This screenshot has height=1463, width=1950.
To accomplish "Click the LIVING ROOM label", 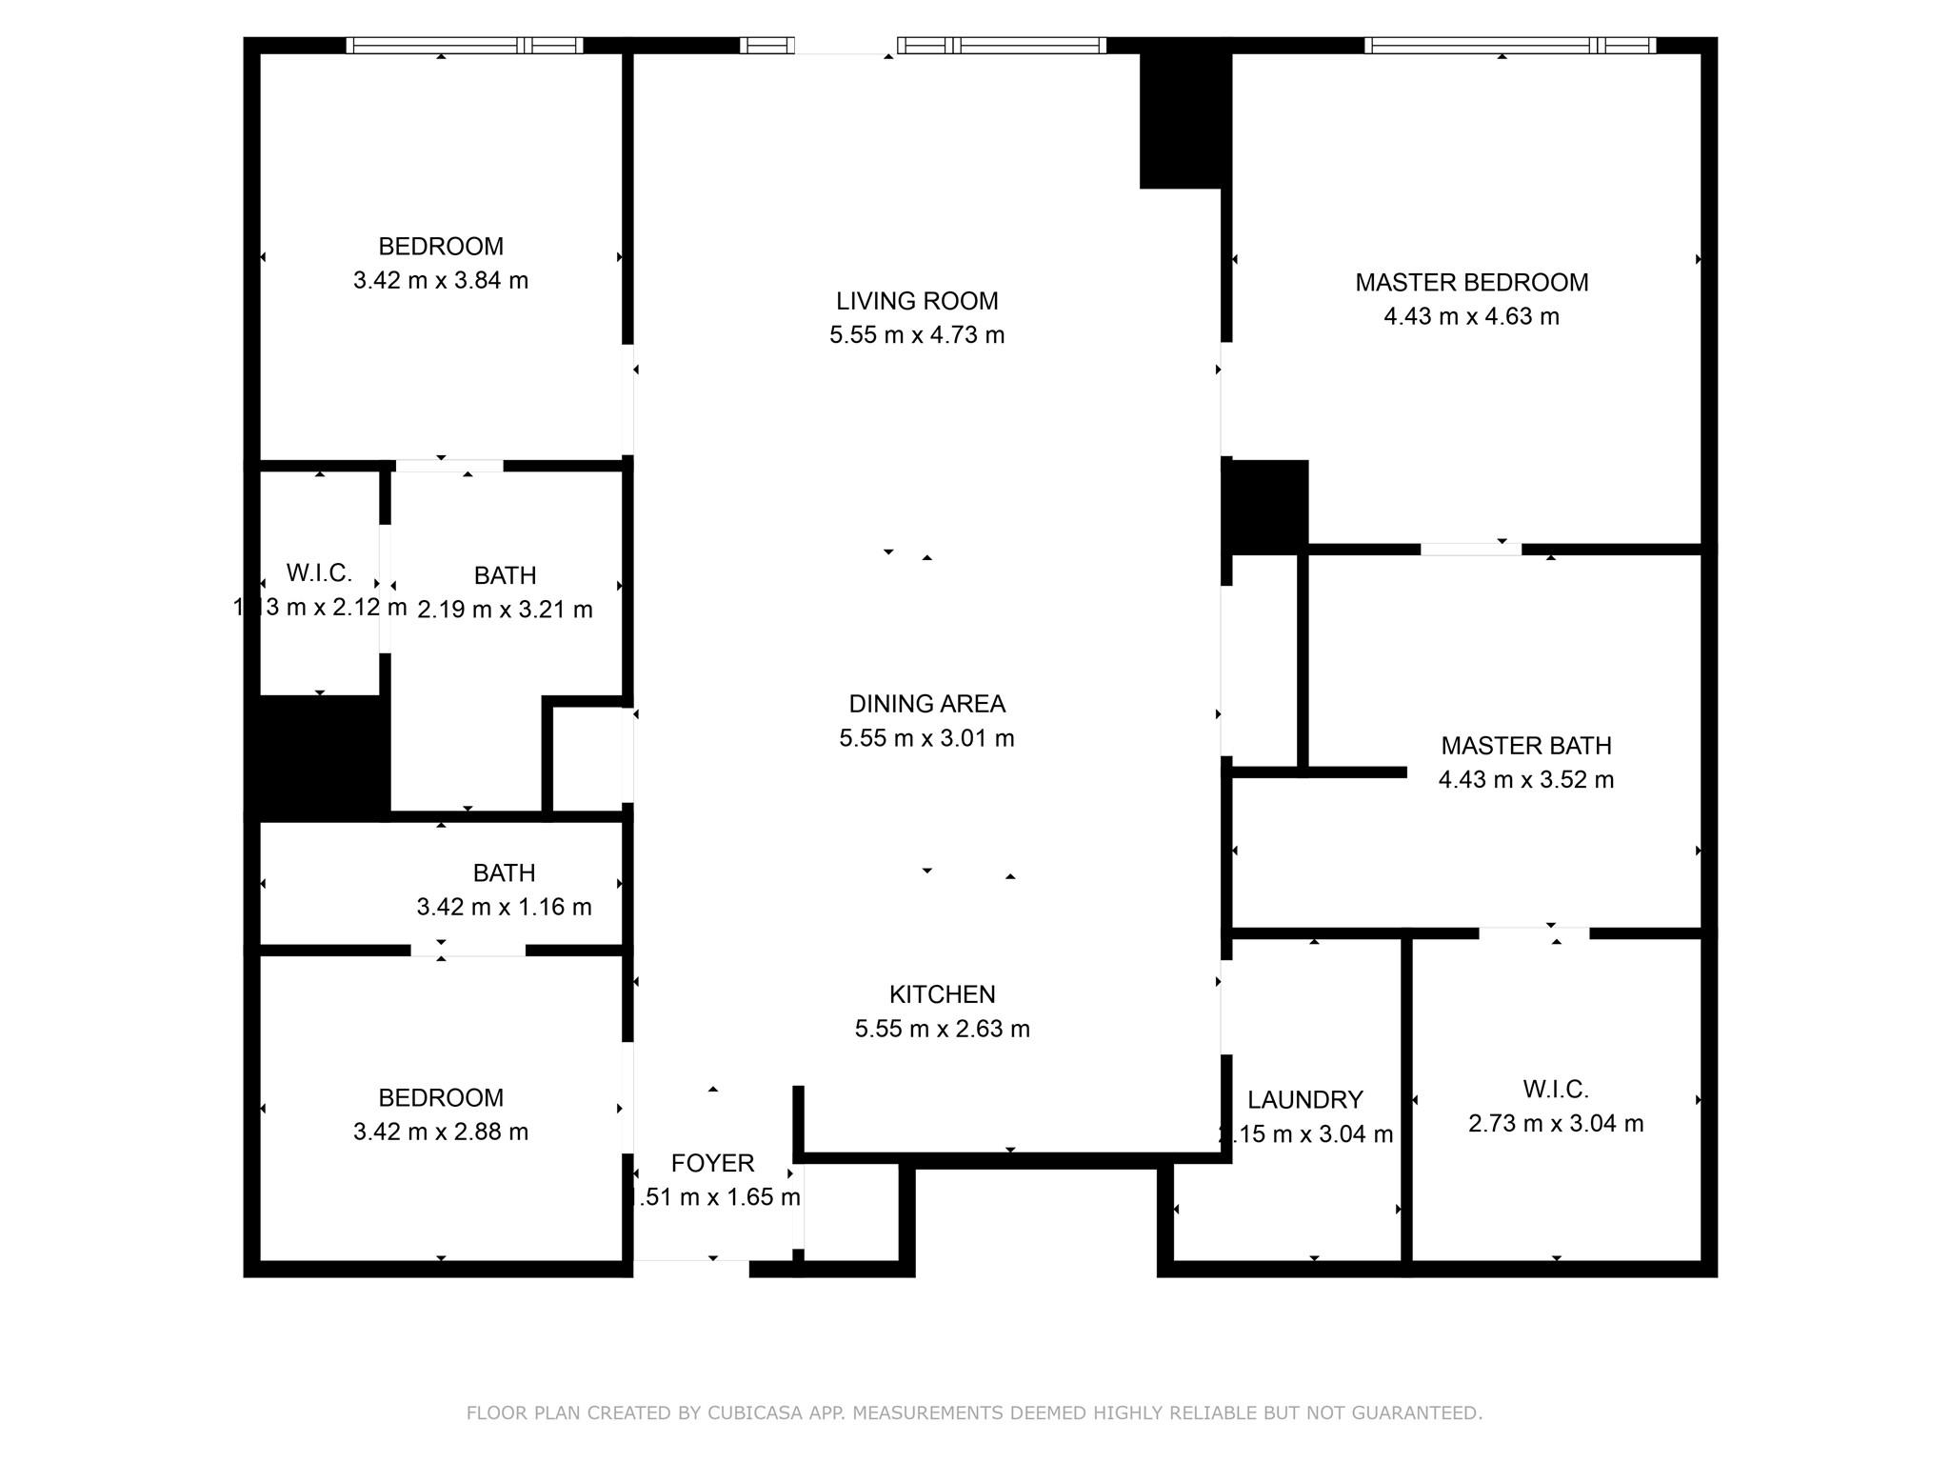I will click(917, 301).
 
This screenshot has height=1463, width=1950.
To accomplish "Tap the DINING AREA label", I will click(926, 704).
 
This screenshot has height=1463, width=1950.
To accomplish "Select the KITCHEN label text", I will click(942, 994).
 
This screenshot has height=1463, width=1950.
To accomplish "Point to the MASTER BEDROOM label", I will click(1471, 283).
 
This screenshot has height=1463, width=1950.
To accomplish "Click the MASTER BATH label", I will click(1525, 746).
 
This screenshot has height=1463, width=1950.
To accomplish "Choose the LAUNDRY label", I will click(1304, 1100).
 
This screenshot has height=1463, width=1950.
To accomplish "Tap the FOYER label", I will click(712, 1163).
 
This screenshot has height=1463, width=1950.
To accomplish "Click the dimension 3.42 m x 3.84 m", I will click(440, 281).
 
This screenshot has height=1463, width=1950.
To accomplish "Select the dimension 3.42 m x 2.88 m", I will click(440, 1132).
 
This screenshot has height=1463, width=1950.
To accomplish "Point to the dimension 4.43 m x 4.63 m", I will click(1471, 317).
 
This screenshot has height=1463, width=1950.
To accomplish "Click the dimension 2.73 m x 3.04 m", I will click(1555, 1124).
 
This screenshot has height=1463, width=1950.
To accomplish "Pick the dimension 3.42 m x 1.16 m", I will click(504, 907).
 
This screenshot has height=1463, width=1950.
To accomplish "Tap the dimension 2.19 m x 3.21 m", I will click(505, 610).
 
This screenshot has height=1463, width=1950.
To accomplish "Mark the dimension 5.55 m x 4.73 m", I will click(917, 335).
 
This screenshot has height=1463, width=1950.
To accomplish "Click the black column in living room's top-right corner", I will click(1181, 119).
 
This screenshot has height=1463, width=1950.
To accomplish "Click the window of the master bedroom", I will click(1509, 46).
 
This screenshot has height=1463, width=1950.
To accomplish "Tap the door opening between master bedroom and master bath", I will click(1470, 549).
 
